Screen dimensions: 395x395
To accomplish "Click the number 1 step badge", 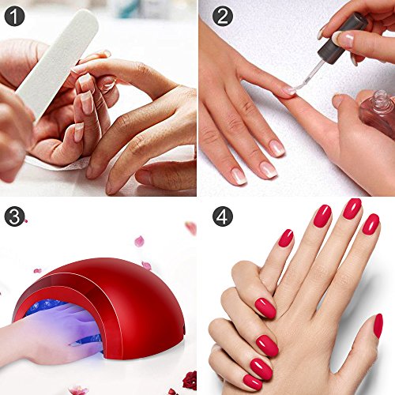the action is tap(14, 17).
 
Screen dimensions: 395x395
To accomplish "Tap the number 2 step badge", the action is tap(223, 17).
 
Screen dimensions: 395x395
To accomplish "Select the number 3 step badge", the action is tap(14, 216).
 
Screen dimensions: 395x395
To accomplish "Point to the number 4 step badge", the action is tap(223, 216).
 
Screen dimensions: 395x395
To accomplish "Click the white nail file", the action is tap(58, 63).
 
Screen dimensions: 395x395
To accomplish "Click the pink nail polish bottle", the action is tap(378, 112).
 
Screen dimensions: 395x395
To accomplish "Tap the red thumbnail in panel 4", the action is tap(378, 325).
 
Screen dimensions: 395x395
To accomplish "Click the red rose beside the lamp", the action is tap(190, 380).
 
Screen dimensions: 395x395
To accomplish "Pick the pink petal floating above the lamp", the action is tap(139, 241).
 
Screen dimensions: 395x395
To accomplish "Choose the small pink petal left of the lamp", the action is tap(37, 270).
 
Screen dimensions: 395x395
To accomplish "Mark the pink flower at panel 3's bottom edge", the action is tap(78, 390).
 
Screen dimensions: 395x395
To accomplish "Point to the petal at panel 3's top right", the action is tap(191, 228).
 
